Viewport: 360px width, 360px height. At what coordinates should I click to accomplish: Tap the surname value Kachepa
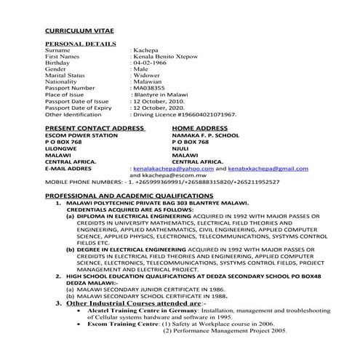coord(145,51)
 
